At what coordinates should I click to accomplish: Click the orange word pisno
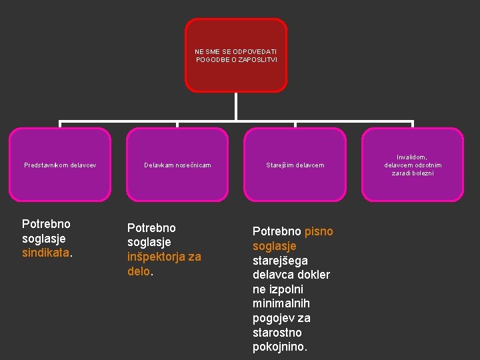coord(319,231)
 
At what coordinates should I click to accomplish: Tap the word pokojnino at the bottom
coord(279,347)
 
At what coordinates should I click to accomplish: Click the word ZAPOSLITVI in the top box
coord(260,60)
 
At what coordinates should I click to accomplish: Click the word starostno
coord(277,333)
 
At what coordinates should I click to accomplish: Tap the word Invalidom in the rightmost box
coord(412,157)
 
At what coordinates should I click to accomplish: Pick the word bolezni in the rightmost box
coord(422,173)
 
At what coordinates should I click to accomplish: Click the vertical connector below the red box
coord(236,107)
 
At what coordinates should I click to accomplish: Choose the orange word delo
coord(139,271)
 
